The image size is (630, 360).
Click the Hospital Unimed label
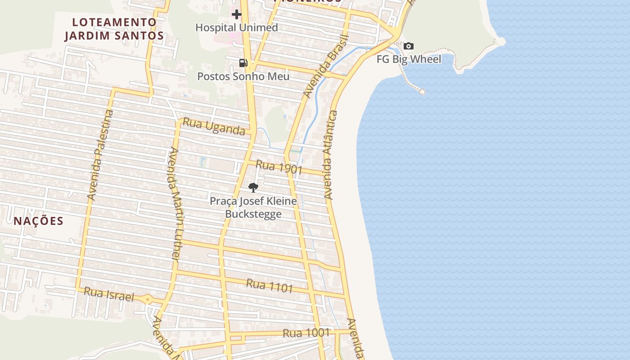[237, 27]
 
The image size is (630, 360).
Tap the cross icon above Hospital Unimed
[237, 14]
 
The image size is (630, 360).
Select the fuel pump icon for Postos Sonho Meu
[243, 63]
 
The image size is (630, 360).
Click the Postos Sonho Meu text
[243, 76]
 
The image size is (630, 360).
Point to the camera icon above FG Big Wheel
[409, 46]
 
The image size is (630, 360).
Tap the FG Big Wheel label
[409, 59]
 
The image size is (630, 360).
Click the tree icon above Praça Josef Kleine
[253, 188]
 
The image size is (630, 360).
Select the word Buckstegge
[253, 214]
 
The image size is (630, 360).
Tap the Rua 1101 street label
[270, 285]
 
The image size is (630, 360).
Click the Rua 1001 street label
[306, 333]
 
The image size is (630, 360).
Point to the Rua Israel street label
[109, 294]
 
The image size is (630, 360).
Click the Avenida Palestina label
[100, 155]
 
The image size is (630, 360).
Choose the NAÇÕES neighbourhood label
[38, 221]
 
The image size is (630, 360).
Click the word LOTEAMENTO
[114, 22]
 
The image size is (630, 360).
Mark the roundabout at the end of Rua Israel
[148, 299]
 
